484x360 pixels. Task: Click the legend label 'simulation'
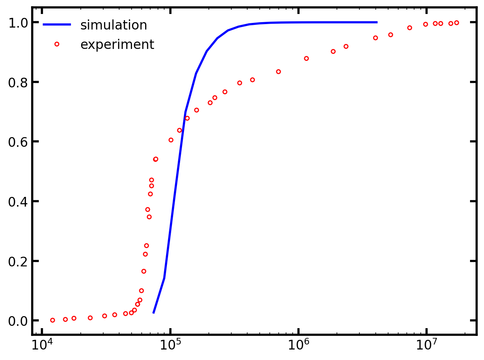tap(113, 25)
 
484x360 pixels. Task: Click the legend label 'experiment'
tap(117, 45)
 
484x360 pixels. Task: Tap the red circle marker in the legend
tap(57, 44)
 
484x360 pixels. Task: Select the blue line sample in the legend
tap(57, 25)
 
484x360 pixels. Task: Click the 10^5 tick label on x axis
tap(170, 344)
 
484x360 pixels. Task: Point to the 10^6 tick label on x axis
tap(298, 344)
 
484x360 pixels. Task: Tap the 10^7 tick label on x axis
tap(427, 344)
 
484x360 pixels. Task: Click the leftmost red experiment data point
tap(52, 320)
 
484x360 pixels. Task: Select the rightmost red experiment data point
tap(456, 23)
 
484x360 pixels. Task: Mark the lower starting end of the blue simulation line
tap(154, 313)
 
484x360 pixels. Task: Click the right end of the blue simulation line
tap(376, 22)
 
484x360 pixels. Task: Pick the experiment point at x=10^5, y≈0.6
tap(171, 140)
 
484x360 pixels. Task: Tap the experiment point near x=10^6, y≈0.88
tap(306, 58)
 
